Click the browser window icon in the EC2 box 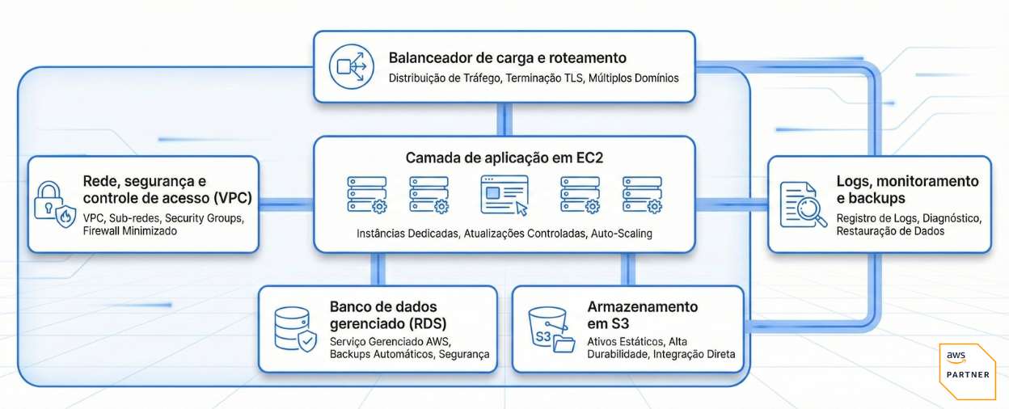click(504, 195)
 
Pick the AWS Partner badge click(967, 371)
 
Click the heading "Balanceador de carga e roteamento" click(507, 58)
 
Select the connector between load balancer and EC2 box click(504, 119)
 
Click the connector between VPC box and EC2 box click(286, 203)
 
